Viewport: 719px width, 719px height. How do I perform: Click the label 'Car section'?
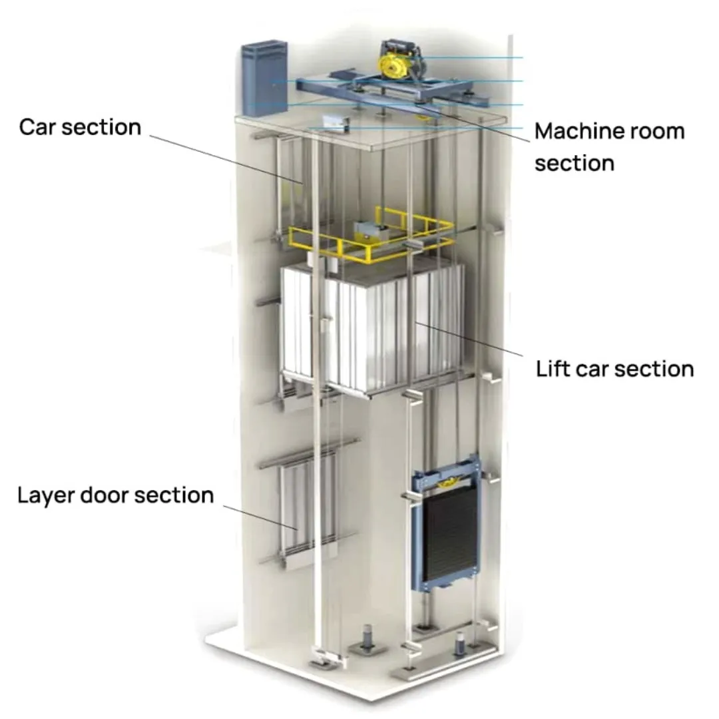[80, 127]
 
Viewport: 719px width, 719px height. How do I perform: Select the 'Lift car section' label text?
[614, 369]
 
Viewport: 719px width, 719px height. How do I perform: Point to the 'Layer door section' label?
[115, 495]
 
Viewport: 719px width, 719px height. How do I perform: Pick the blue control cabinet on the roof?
[264, 79]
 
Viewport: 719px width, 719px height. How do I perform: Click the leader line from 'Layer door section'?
[260, 517]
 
